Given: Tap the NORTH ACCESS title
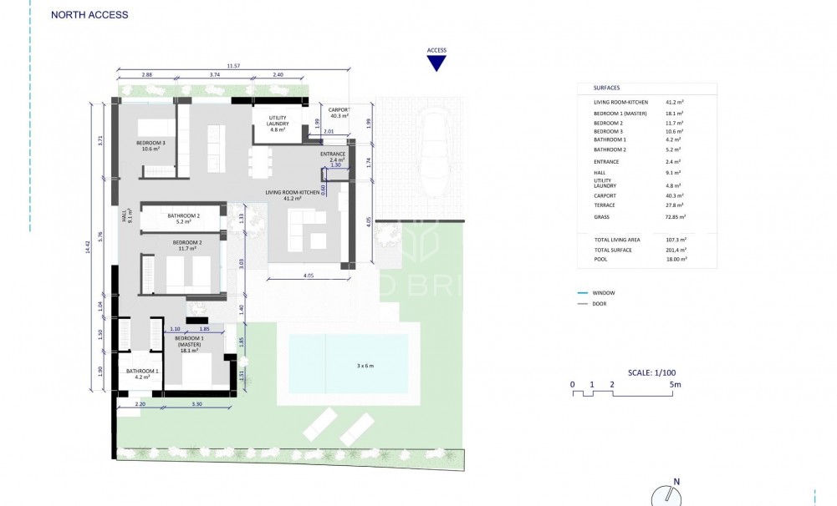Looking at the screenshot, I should click(90, 15).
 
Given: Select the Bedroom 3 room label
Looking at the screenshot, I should click(151, 145).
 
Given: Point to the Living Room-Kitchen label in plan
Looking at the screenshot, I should click(292, 195).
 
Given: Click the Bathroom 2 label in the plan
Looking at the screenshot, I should click(184, 219).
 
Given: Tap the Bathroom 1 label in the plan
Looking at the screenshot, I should click(142, 373).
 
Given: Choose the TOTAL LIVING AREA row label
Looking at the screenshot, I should click(618, 240).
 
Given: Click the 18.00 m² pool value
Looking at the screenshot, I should click(676, 259).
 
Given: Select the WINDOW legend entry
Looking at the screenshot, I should click(604, 294).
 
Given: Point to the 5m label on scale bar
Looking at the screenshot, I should click(676, 385).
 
